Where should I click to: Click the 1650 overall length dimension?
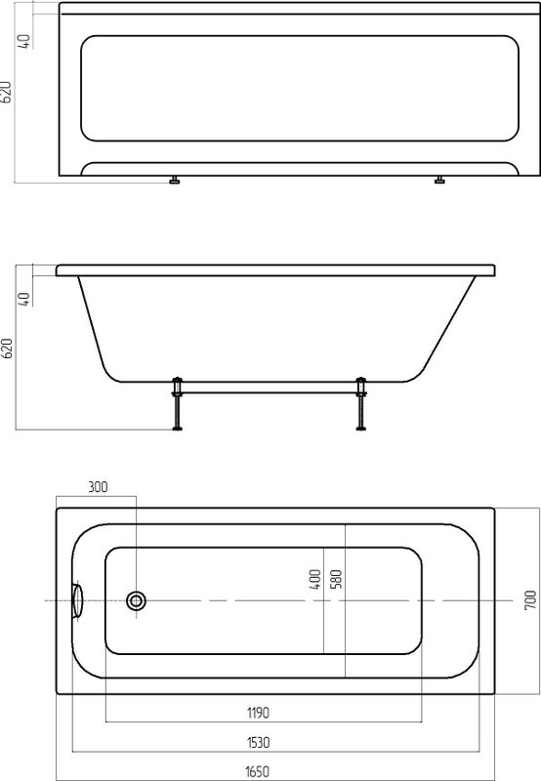(x=257, y=772)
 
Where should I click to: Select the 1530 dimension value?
(x=258, y=743)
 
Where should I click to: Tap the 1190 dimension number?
(x=258, y=714)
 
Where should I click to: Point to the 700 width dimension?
(x=530, y=600)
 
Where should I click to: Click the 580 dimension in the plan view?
(x=336, y=579)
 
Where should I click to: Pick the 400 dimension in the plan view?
(x=314, y=579)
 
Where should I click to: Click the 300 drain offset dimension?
(x=98, y=486)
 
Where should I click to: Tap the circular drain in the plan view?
(x=136, y=600)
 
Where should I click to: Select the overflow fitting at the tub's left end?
(x=77, y=600)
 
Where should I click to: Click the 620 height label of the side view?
(x=8, y=349)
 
